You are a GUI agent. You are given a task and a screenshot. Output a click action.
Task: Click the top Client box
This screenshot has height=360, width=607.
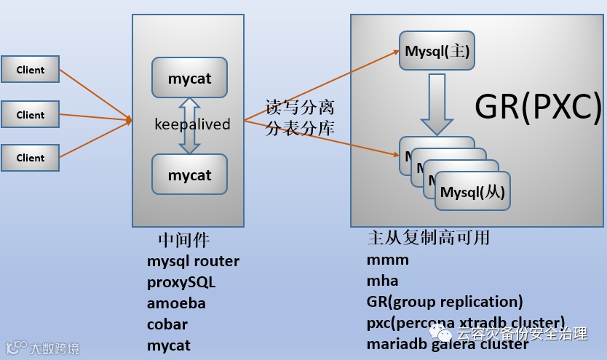tap(30, 70)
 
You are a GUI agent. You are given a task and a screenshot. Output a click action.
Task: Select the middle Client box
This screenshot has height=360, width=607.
tap(30, 114)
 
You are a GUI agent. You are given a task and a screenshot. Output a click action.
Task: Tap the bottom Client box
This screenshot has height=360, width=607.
tap(30, 158)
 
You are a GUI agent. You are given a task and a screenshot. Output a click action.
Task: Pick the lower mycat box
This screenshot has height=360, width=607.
tap(189, 175)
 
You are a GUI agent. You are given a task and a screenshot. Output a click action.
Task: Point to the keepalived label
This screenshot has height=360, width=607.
tap(192, 124)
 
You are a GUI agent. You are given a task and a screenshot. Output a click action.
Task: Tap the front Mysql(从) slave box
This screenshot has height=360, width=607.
tap(472, 192)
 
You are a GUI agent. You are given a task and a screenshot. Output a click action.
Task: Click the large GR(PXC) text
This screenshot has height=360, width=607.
tap(539, 107)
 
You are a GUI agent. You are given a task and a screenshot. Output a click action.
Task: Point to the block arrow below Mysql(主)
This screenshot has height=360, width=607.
tap(437, 103)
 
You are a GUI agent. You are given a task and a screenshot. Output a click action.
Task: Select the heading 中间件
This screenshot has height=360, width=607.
tap(184, 239)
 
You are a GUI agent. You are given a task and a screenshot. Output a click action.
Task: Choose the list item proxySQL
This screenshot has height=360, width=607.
tap(181, 281)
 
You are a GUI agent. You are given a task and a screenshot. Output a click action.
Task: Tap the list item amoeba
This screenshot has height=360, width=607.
tap(176, 303)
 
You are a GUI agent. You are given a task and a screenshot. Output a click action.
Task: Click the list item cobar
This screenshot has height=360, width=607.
tap(167, 324)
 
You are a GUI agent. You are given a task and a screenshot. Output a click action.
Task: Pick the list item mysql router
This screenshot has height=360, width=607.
tap(193, 260)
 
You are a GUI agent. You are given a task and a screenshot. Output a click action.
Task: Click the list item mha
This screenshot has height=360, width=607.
tap(382, 280)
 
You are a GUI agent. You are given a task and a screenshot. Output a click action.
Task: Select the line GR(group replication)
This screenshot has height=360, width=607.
tap(445, 301)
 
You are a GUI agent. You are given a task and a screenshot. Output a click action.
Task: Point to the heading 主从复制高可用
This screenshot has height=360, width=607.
tap(429, 238)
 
